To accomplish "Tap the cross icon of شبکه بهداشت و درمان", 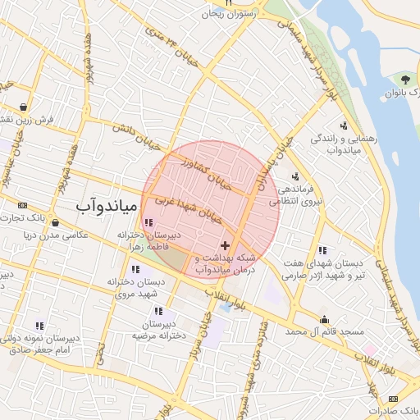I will tap(226, 246).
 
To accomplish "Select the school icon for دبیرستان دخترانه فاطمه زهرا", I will tap(148, 222).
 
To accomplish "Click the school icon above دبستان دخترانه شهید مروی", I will tap(135, 269).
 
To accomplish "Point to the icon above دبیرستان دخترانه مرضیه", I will tap(158, 311).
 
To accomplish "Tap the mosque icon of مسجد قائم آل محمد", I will tap(325, 320).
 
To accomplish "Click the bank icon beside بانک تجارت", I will tap(22, 205).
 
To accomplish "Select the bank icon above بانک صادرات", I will tap(393, 398).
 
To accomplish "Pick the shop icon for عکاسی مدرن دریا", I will tap(54, 221).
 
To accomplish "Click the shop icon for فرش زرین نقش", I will tap(25, 107).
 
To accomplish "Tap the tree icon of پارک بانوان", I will tap(405, 80).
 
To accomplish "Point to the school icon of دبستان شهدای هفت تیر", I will tap(322, 249).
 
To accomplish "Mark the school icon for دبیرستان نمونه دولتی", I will tap(39, 326).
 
